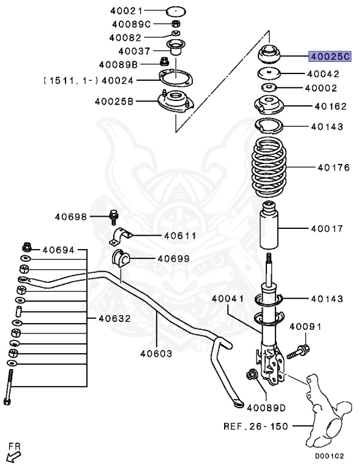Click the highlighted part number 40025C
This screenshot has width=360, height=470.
329,56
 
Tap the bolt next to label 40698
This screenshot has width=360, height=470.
114,217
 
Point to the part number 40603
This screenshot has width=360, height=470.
156,353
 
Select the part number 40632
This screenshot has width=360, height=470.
113,318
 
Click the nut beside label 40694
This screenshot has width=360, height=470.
27,248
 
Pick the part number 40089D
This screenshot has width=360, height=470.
266,406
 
